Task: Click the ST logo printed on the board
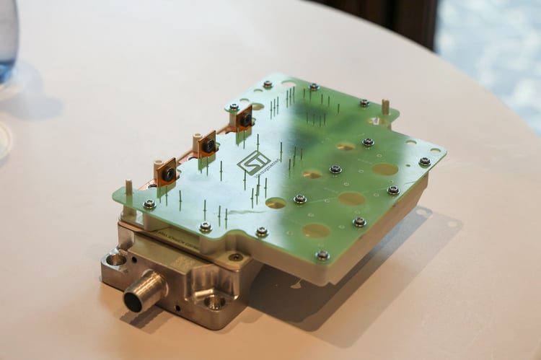click(x=254, y=161)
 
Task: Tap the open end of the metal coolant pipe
click(x=134, y=300)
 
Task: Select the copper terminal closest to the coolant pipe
click(x=167, y=172)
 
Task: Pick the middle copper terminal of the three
click(x=207, y=144)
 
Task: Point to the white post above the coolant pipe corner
click(x=128, y=188)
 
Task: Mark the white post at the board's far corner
click(x=385, y=107)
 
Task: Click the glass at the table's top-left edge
click(x=7, y=36)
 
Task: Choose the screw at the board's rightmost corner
click(x=425, y=161)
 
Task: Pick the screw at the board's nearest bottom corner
click(x=322, y=255)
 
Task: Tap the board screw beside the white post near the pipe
click(x=149, y=205)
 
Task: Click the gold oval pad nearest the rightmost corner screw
click(x=384, y=170)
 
